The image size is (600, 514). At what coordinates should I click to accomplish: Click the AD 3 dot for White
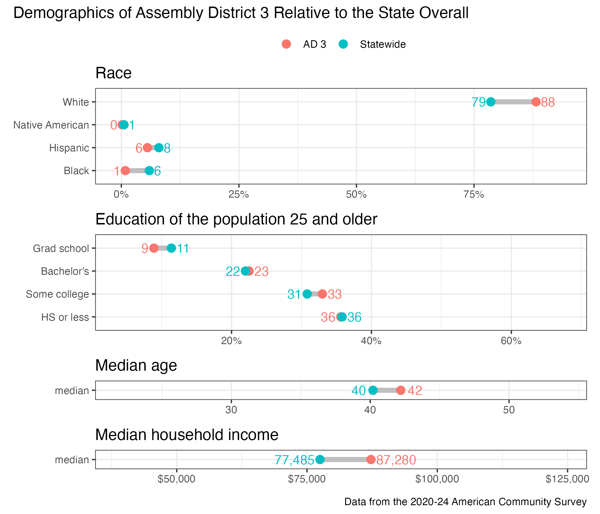tap(536, 102)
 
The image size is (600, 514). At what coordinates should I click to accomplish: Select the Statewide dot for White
tap(491, 102)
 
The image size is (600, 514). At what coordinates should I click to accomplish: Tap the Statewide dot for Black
tap(149, 171)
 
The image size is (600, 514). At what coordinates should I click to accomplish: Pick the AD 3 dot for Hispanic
tap(147, 148)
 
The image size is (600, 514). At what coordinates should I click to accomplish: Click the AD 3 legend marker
tap(286, 44)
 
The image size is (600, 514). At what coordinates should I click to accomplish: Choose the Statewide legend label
tap(383, 45)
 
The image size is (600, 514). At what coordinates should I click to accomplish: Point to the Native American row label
tap(51, 125)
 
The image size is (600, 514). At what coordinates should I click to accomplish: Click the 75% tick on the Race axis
tap(474, 195)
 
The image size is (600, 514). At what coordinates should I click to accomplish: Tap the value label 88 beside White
tap(548, 103)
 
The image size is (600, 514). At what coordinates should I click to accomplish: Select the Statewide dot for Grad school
tap(171, 248)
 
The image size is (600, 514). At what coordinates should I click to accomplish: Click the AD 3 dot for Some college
tap(322, 294)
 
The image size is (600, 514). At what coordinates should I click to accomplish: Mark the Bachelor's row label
tap(65, 271)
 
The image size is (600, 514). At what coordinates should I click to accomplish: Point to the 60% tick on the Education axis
tap(511, 341)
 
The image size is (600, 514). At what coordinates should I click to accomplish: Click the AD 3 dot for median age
tap(401, 390)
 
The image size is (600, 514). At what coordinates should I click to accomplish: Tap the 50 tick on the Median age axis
tap(509, 410)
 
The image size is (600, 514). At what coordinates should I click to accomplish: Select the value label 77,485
tap(294, 460)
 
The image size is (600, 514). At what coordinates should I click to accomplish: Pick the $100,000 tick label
tap(437, 479)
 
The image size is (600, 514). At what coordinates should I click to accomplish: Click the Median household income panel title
tap(187, 435)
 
